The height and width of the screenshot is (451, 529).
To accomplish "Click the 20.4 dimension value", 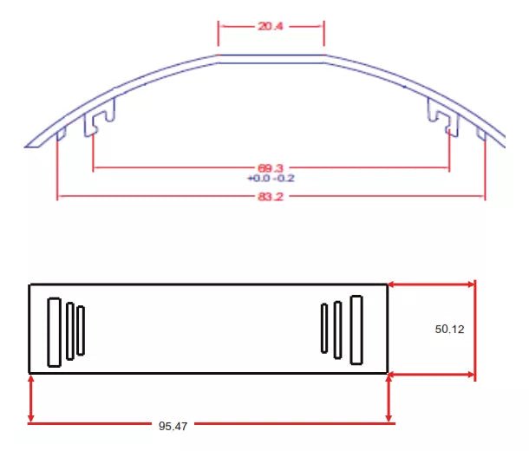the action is pos(271,26).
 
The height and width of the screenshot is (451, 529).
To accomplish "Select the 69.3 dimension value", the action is pos(271,167).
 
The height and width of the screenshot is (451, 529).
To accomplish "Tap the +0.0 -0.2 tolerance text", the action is pos(271,178).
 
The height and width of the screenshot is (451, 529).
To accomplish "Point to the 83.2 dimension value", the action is pos(271,196).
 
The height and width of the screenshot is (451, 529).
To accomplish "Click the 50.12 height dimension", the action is pos(449,329).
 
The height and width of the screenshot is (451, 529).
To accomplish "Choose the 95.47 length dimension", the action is pos(173,426).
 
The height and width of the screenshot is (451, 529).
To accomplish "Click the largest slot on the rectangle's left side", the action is pos(54,332).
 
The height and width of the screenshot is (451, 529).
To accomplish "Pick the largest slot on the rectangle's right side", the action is pos(356,330).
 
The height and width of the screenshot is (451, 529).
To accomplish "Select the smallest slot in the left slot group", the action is pos(81,330).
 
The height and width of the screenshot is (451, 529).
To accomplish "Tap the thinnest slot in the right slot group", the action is pos(324,328).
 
